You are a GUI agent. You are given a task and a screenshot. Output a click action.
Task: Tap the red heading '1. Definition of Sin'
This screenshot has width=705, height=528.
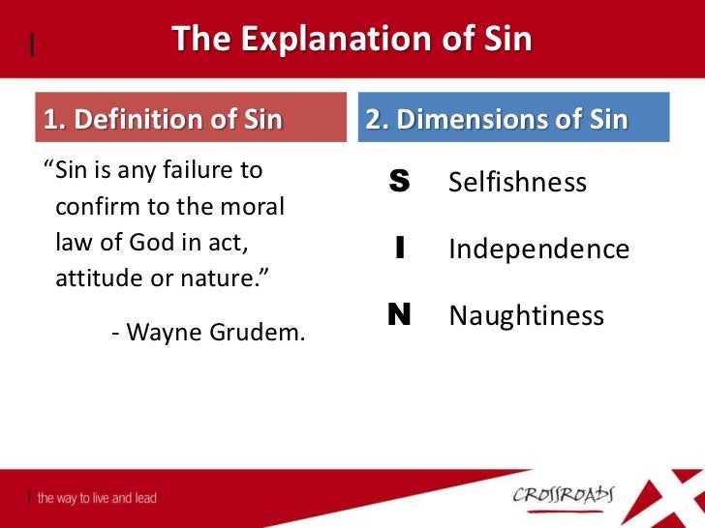163,119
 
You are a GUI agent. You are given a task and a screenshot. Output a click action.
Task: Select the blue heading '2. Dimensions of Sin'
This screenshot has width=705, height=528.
497,119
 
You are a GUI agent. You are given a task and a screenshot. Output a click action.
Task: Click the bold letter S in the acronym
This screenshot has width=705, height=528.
399,182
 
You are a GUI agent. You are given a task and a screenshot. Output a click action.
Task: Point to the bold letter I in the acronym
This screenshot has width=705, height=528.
399,249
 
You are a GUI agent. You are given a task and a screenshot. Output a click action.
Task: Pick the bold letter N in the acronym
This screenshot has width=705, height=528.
399,315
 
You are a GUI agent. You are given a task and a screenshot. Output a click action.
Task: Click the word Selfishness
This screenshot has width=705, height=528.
518,183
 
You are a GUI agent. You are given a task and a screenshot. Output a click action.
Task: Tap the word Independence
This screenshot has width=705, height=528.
539,249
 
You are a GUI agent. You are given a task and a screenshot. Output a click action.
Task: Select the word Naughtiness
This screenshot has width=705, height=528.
527,316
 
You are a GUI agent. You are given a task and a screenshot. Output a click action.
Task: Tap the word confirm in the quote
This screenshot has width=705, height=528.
92,207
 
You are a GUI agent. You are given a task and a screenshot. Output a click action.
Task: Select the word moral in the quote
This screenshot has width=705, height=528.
265,207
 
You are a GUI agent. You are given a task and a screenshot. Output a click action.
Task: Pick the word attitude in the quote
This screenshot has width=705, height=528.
93,279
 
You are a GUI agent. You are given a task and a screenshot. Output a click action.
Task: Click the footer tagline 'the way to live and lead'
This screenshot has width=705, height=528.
97,498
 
